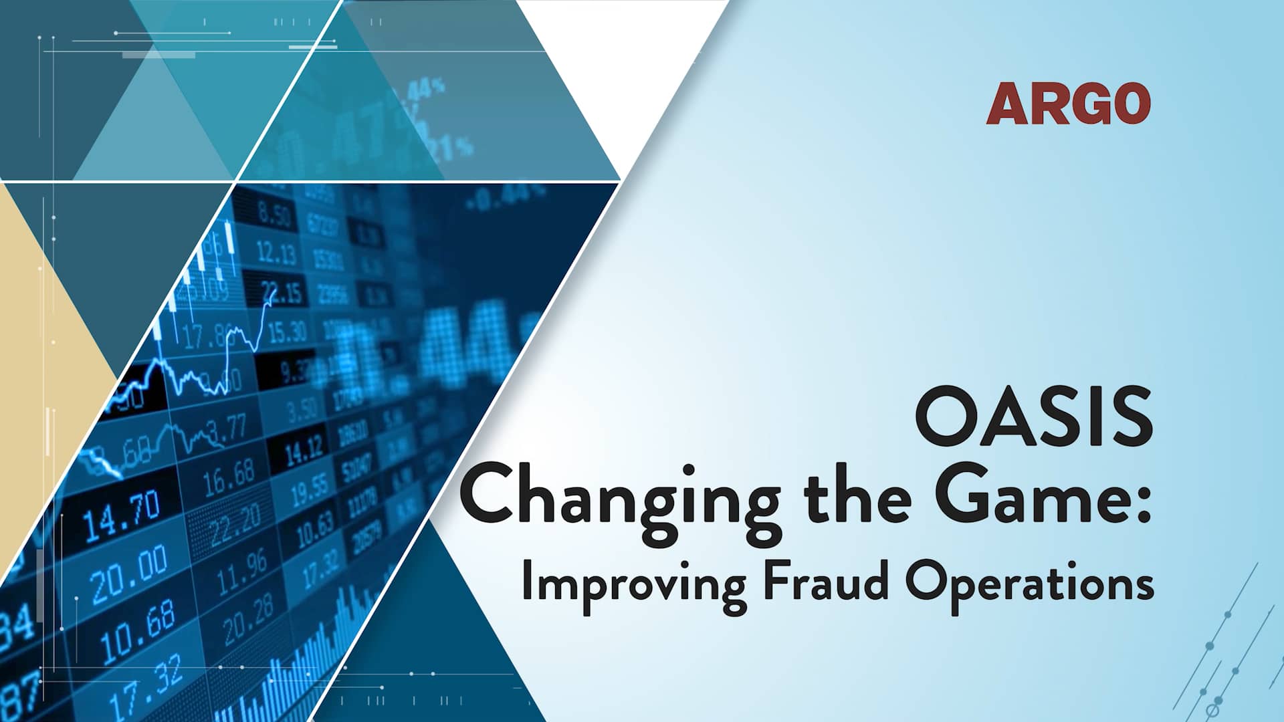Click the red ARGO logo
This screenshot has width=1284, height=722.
(x=1068, y=104)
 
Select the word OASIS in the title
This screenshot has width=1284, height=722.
(x=1033, y=416)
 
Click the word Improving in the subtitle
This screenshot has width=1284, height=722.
(x=633, y=584)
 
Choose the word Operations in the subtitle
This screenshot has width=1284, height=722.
(x=1030, y=584)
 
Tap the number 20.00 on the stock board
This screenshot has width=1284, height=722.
(x=129, y=573)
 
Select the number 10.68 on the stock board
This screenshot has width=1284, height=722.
(x=138, y=632)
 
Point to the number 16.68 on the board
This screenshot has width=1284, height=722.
(x=229, y=477)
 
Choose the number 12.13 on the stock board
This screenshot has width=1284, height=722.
(x=276, y=253)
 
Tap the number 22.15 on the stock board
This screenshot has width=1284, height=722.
(x=282, y=293)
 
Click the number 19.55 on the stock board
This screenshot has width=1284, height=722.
(x=310, y=490)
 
